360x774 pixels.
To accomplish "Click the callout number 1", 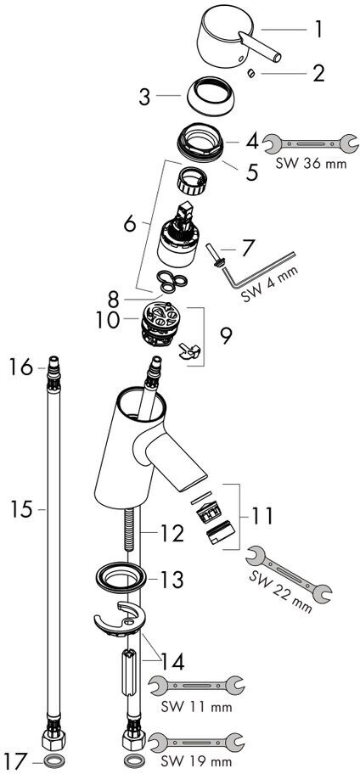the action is [319, 30].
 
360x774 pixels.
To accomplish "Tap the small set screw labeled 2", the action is [251, 73].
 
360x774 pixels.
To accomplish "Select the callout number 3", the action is [144, 97].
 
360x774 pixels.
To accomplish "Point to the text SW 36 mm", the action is [310, 162].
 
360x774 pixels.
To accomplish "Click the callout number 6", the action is [129, 225].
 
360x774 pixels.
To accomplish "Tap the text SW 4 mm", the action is [270, 283].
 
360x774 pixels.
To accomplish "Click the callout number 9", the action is [225, 337].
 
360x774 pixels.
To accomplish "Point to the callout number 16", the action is [20, 367].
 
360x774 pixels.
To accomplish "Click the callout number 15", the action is [22, 508].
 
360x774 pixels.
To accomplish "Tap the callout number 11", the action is [261, 516].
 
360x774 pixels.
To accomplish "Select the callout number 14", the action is [172, 662].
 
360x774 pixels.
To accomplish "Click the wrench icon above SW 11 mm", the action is [196, 686].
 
